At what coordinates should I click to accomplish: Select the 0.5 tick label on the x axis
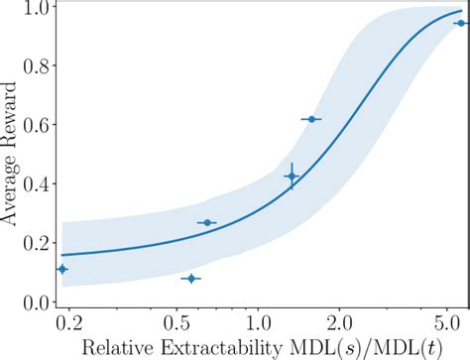click(176, 322)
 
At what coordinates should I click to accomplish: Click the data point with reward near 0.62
click(311, 119)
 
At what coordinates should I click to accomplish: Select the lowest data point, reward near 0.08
click(190, 279)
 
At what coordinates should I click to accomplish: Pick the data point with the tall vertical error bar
click(292, 176)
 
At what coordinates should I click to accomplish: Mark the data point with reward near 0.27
click(206, 222)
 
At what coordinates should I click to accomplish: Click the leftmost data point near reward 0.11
click(62, 269)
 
